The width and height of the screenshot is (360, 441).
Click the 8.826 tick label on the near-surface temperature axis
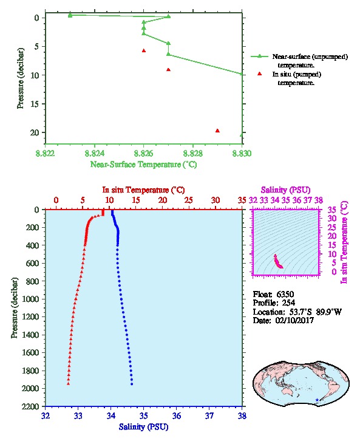144,153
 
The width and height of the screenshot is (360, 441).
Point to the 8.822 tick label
46,153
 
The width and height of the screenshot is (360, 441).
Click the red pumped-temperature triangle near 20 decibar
217,131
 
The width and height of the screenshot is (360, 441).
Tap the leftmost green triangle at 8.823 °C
70,15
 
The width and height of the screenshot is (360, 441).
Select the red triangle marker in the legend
259,73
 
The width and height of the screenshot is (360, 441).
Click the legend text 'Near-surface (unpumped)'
310,57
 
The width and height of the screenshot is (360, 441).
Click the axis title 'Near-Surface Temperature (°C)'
143,164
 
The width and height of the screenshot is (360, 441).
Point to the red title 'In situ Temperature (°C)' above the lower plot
143,190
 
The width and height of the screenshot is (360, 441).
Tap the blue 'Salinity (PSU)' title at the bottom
143,426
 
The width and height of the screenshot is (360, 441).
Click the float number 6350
285,294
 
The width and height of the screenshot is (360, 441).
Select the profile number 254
288,303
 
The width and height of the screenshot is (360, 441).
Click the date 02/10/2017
294,320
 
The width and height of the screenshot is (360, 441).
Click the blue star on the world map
317,400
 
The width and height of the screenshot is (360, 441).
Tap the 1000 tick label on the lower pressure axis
30,299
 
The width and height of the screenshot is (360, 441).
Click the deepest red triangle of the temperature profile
68,384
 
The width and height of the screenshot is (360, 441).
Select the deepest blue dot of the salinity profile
132,384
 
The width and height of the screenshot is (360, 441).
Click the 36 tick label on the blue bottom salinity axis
177,415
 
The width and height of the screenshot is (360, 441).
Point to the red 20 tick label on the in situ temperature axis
162,200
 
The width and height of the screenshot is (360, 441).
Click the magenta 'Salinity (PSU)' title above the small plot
285,190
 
